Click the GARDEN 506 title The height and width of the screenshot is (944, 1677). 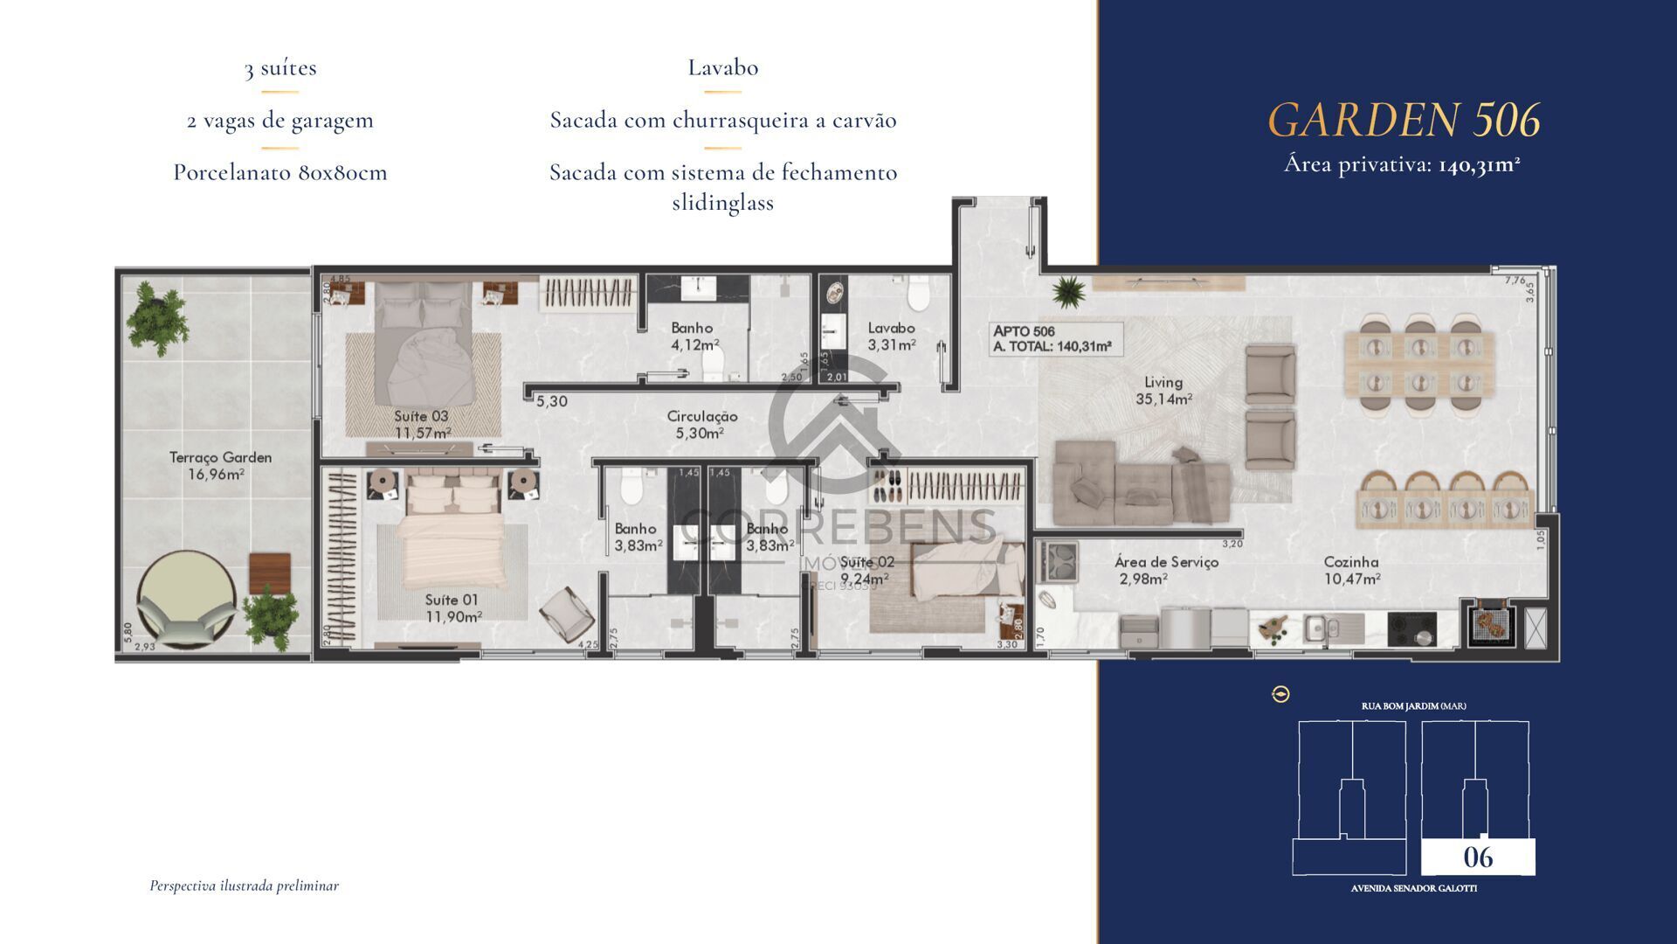1403,120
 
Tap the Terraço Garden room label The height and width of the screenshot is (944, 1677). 220,465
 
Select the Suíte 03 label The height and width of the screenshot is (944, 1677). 421,424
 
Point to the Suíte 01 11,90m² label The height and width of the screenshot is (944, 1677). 452,607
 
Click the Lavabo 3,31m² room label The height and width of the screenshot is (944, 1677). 891,336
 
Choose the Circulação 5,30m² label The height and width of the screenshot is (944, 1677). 702,425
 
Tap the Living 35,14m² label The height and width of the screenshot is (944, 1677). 1163,390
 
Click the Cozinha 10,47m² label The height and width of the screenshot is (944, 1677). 1351,570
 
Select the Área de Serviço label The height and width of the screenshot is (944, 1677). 1166,570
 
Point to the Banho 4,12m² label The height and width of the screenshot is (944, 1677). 693,336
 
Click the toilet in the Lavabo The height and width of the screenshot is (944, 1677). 917,295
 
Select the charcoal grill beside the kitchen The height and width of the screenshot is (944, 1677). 1487,622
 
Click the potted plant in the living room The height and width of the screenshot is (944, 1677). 1067,291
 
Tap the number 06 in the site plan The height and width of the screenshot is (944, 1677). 1478,857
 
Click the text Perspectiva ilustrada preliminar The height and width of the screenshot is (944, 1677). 244,885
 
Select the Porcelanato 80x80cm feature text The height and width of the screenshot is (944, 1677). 279,172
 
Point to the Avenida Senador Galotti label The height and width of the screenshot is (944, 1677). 1413,888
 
